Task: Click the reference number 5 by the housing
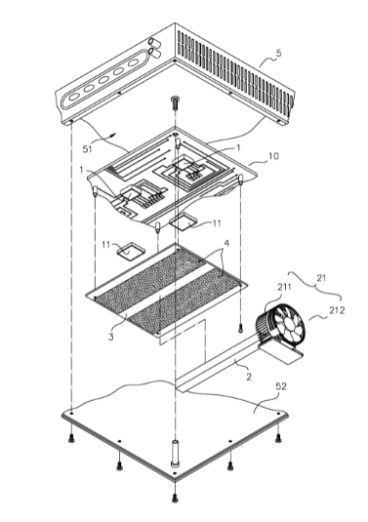click(279, 53)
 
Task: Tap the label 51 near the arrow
click(88, 149)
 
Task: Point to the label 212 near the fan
click(337, 310)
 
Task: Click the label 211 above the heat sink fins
click(284, 287)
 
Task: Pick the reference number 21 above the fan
click(322, 277)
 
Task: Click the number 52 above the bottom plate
click(281, 386)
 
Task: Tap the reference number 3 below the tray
click(111, 337)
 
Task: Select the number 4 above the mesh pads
click(226, 243)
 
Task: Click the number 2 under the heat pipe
click(249, 378)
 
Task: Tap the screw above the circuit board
click(175, 100)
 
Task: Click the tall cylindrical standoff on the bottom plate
click(175, 453)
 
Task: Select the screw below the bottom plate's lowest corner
click(174, 498)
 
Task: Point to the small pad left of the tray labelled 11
click(130, 251)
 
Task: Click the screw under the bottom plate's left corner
click(70, 439)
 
